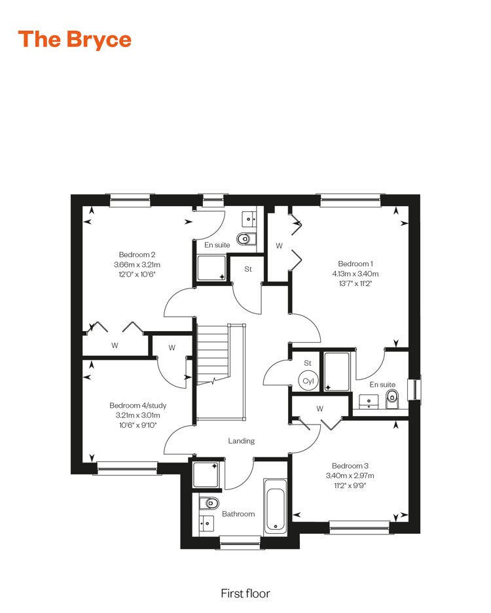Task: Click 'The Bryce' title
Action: (75, 39)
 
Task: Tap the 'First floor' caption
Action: (245, 593)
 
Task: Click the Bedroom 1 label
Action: (355, 264)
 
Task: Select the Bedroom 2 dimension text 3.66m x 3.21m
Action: (137, 265)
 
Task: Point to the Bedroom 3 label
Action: (350, 466)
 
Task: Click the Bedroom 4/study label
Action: (137, 406)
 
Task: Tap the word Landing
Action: (242, 441)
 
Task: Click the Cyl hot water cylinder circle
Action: (308, 380)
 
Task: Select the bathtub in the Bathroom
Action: (276, 507)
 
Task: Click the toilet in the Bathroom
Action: (209, 502)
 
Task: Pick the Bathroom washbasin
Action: (207, 523)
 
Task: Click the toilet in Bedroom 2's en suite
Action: (246, 238)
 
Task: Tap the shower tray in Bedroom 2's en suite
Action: (211, 268)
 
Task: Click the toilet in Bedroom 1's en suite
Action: (391, 400)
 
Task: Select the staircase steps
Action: (212, 354)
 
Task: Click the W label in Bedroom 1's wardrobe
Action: (279, 246)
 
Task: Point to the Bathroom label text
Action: (238, 514)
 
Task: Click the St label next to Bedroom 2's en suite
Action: (248, 269)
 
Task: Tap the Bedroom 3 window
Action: (359, 527)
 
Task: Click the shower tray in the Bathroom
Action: (206, 474)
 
